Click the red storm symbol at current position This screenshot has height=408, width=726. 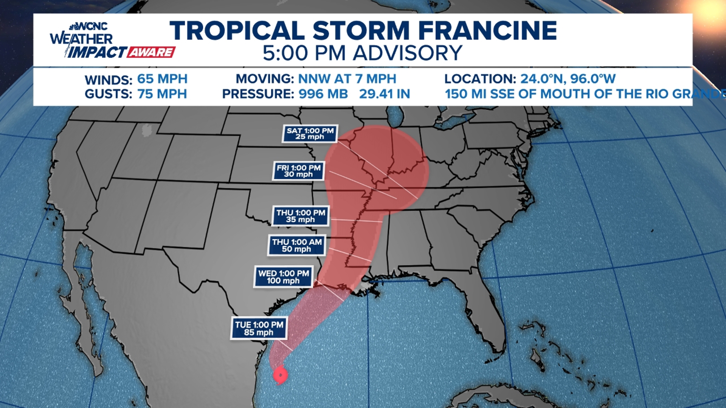280,375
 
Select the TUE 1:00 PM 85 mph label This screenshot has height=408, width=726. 259,328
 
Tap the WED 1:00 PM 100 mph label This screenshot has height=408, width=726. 283,277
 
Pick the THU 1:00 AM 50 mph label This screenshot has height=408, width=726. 297,246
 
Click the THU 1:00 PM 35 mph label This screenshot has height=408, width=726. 301,216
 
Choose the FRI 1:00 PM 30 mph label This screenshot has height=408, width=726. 298,171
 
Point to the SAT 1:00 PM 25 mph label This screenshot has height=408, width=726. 310,134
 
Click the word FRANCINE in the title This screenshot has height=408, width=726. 487,31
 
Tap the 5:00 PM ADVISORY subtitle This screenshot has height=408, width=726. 362,53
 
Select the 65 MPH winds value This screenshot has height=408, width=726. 162,79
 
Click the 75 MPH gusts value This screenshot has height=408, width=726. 162,94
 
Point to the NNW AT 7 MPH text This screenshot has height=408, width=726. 347,79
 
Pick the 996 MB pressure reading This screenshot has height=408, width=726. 323,94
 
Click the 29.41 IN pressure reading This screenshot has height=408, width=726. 385,94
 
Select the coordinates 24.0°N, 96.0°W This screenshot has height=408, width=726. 568,79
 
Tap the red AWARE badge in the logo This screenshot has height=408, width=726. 151,52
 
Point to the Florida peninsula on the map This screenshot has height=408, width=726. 488,321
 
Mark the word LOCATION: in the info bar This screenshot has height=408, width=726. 480,79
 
